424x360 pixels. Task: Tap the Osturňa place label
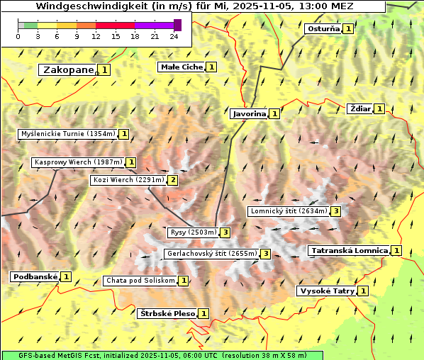point(323,29)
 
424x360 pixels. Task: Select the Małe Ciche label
point(182,67)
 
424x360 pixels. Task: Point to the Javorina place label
point(249,113)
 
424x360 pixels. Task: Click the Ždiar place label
point(360,108)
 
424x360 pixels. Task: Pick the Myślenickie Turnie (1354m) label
point(67,133)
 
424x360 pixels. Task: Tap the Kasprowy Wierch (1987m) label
point(78,162)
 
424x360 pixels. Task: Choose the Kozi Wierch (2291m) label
point(128,180)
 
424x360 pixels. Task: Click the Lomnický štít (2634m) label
point(289,211)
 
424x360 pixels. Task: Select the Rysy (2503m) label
point(192,232)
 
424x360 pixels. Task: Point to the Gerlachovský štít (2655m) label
point(211,254)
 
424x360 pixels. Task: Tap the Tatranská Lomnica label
point(350,250)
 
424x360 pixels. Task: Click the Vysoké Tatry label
point(326,291)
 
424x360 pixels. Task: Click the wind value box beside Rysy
point(225,232)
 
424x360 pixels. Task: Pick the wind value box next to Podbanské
point(66,276)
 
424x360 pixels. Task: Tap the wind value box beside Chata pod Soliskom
point(184,281)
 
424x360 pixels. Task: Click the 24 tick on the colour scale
point(174,36)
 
